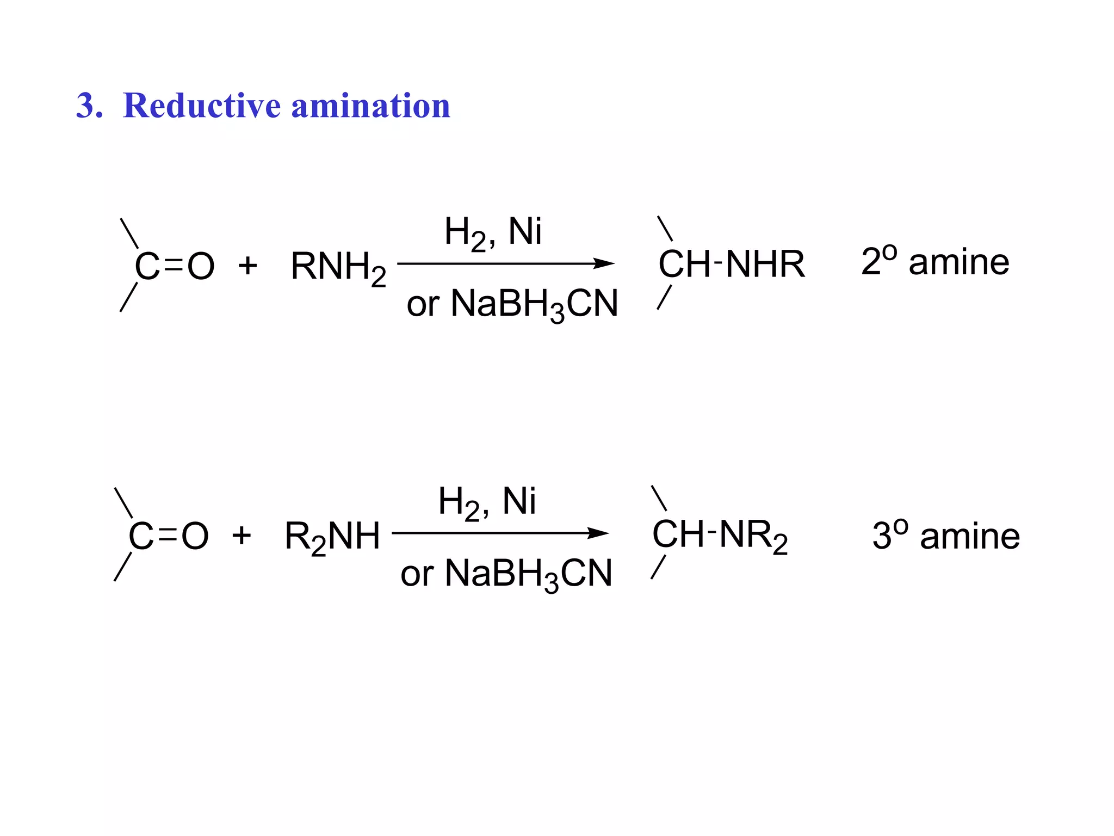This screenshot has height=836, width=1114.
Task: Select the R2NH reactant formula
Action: (332, 537)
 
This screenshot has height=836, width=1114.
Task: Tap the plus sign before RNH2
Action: (247, 266)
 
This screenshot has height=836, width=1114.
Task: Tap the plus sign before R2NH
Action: (242, 536)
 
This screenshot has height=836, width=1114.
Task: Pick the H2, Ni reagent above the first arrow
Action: (492, 232)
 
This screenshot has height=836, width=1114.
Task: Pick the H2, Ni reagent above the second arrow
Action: (486, 502)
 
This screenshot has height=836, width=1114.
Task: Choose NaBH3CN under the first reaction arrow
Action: (534, 304)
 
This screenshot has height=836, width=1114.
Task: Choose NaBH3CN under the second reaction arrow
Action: (528, 574)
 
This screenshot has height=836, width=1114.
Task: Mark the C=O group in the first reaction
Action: (174, 267)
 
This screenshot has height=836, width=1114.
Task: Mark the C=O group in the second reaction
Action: (168, 537)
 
